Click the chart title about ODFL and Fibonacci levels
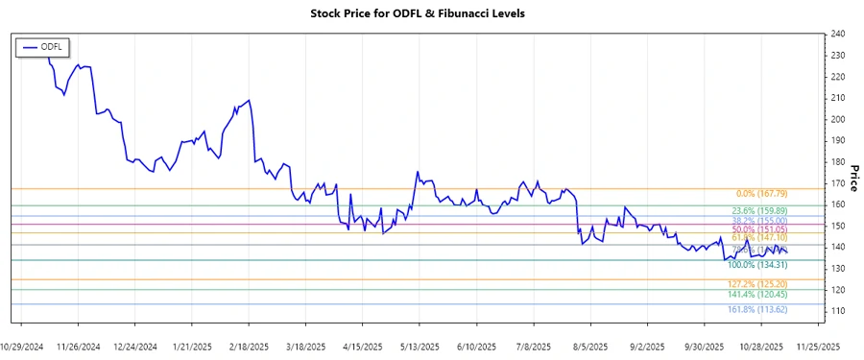point(431,13)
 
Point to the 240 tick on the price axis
point(837,34)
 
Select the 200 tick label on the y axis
point(837,119)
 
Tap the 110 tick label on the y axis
point(837,311)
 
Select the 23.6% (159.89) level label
point(758,211)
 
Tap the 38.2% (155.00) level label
point(758,221)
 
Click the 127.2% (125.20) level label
point(757,285)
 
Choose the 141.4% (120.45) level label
point(757,295)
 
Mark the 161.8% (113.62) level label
point(757,310)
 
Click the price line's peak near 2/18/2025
point(250,100)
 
